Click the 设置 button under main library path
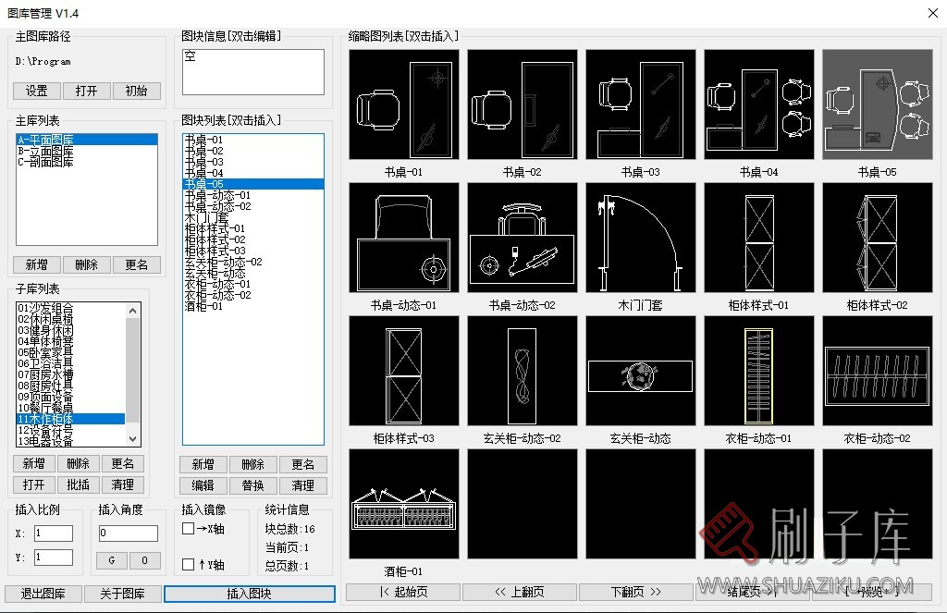coord(37,91)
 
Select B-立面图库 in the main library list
coord(45,151)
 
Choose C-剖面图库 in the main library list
coord(45,162)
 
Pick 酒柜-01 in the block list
coord(203,306)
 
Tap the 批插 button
coord(79,484)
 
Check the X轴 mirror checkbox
coord(189,529)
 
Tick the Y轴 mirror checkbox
coord(189,564)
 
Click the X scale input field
coord(53,533)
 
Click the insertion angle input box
coord(129,533)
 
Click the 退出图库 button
coord(43,594)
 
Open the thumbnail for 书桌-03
coord(641,104)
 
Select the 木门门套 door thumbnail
coord(641,238)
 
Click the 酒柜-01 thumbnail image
coord(404,504)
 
